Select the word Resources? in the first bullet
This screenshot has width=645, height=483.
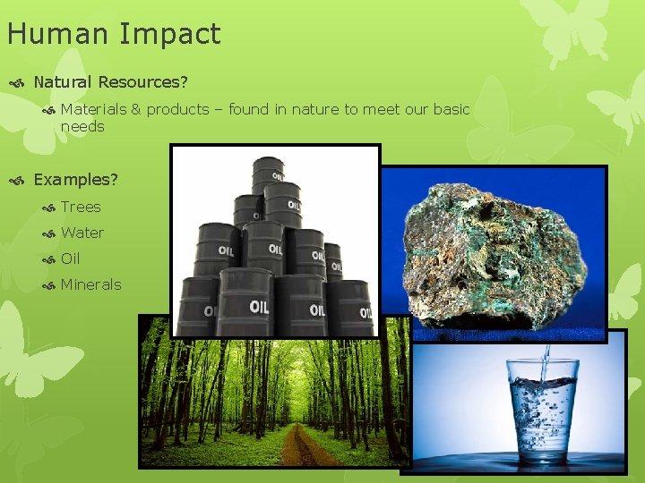[143, 82]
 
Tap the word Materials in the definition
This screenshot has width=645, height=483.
[93, 109]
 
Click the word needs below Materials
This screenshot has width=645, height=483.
[82, 126]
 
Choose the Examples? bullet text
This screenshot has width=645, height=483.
[75, 180]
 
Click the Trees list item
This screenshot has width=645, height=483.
[81, 207]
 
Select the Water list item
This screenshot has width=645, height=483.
[82, 233]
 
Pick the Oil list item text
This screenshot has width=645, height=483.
[71, 258]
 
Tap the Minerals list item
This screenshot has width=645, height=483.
[90, 284]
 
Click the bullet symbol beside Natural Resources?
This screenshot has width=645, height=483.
[17, 82]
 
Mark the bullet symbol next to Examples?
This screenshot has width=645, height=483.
[17, 180]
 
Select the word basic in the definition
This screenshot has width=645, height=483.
[451, 109]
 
